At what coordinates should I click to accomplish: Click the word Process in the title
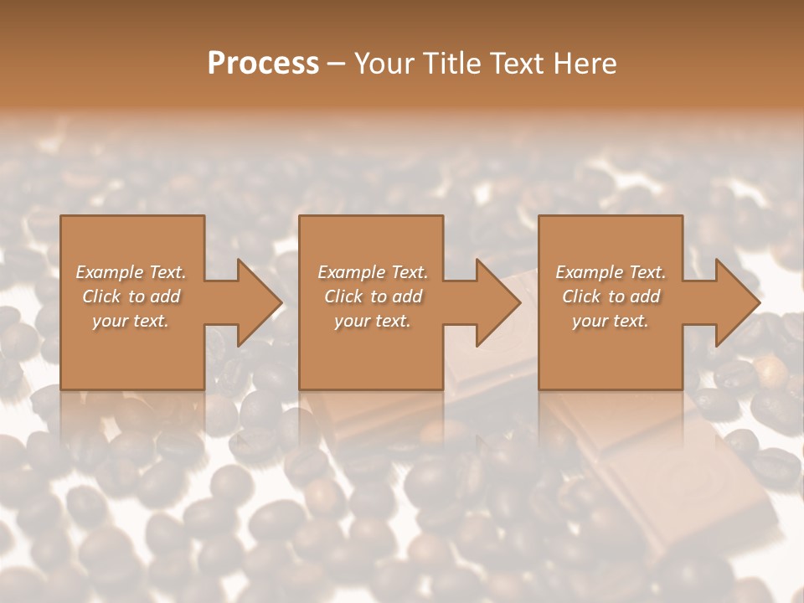pos(263,64)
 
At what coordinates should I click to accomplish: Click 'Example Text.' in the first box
pos(131,272)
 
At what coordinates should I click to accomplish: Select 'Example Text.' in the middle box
pos(373,272)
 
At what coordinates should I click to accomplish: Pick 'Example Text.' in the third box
pos(611,272)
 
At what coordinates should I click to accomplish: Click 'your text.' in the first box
pos(131,321)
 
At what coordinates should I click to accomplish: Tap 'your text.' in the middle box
pos(372,321)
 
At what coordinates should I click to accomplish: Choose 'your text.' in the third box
pos(610,321)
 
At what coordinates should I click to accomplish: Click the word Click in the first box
pos(102,296)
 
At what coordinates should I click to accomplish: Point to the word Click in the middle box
pos(344,296)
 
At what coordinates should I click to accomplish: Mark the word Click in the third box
pos(582,296)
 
